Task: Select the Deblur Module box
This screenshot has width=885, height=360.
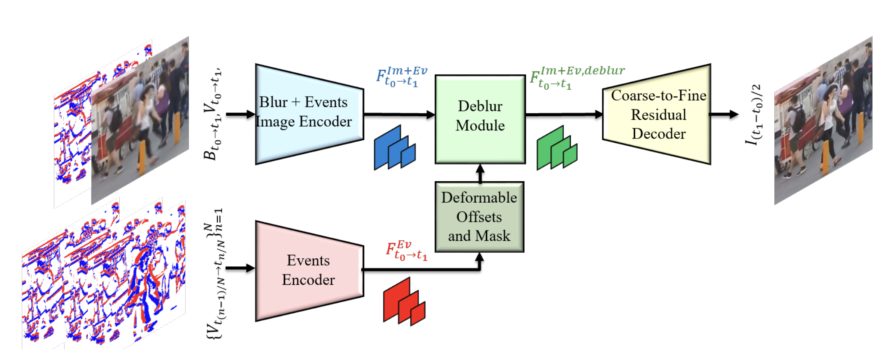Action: [x=480, y=119]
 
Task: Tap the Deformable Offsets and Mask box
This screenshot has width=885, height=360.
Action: [x=479, y=217]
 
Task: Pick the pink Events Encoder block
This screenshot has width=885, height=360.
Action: [x=309, y=270]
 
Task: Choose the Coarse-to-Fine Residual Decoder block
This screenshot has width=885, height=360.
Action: [x=658, y=115]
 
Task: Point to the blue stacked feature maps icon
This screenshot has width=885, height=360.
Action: [x=394, y=148]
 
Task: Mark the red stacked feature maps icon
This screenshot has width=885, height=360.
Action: [x=404, y=301]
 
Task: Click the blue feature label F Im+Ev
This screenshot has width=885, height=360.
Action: [x=401, y=77]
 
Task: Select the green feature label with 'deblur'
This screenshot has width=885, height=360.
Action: [x=577, y=77]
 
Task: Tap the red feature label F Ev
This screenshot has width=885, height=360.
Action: [x=406, y=251]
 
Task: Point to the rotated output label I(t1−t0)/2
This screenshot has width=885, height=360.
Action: [x=755, y=115]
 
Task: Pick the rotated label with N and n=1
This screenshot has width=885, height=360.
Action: [x=215, y=274]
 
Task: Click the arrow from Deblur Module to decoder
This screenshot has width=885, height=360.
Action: [x=563, y=114]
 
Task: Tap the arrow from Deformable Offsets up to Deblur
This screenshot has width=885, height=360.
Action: [x=480, y=173]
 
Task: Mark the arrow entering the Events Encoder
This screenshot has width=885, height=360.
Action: [x=240, y=268]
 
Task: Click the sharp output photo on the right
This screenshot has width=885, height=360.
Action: [x=823, y=122]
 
